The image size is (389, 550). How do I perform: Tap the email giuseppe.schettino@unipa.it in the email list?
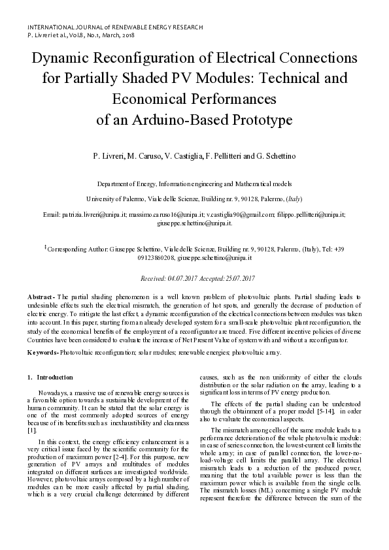point(194,223)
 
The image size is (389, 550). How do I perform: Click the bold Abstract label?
point(41,297)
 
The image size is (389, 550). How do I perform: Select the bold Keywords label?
point(42,353)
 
